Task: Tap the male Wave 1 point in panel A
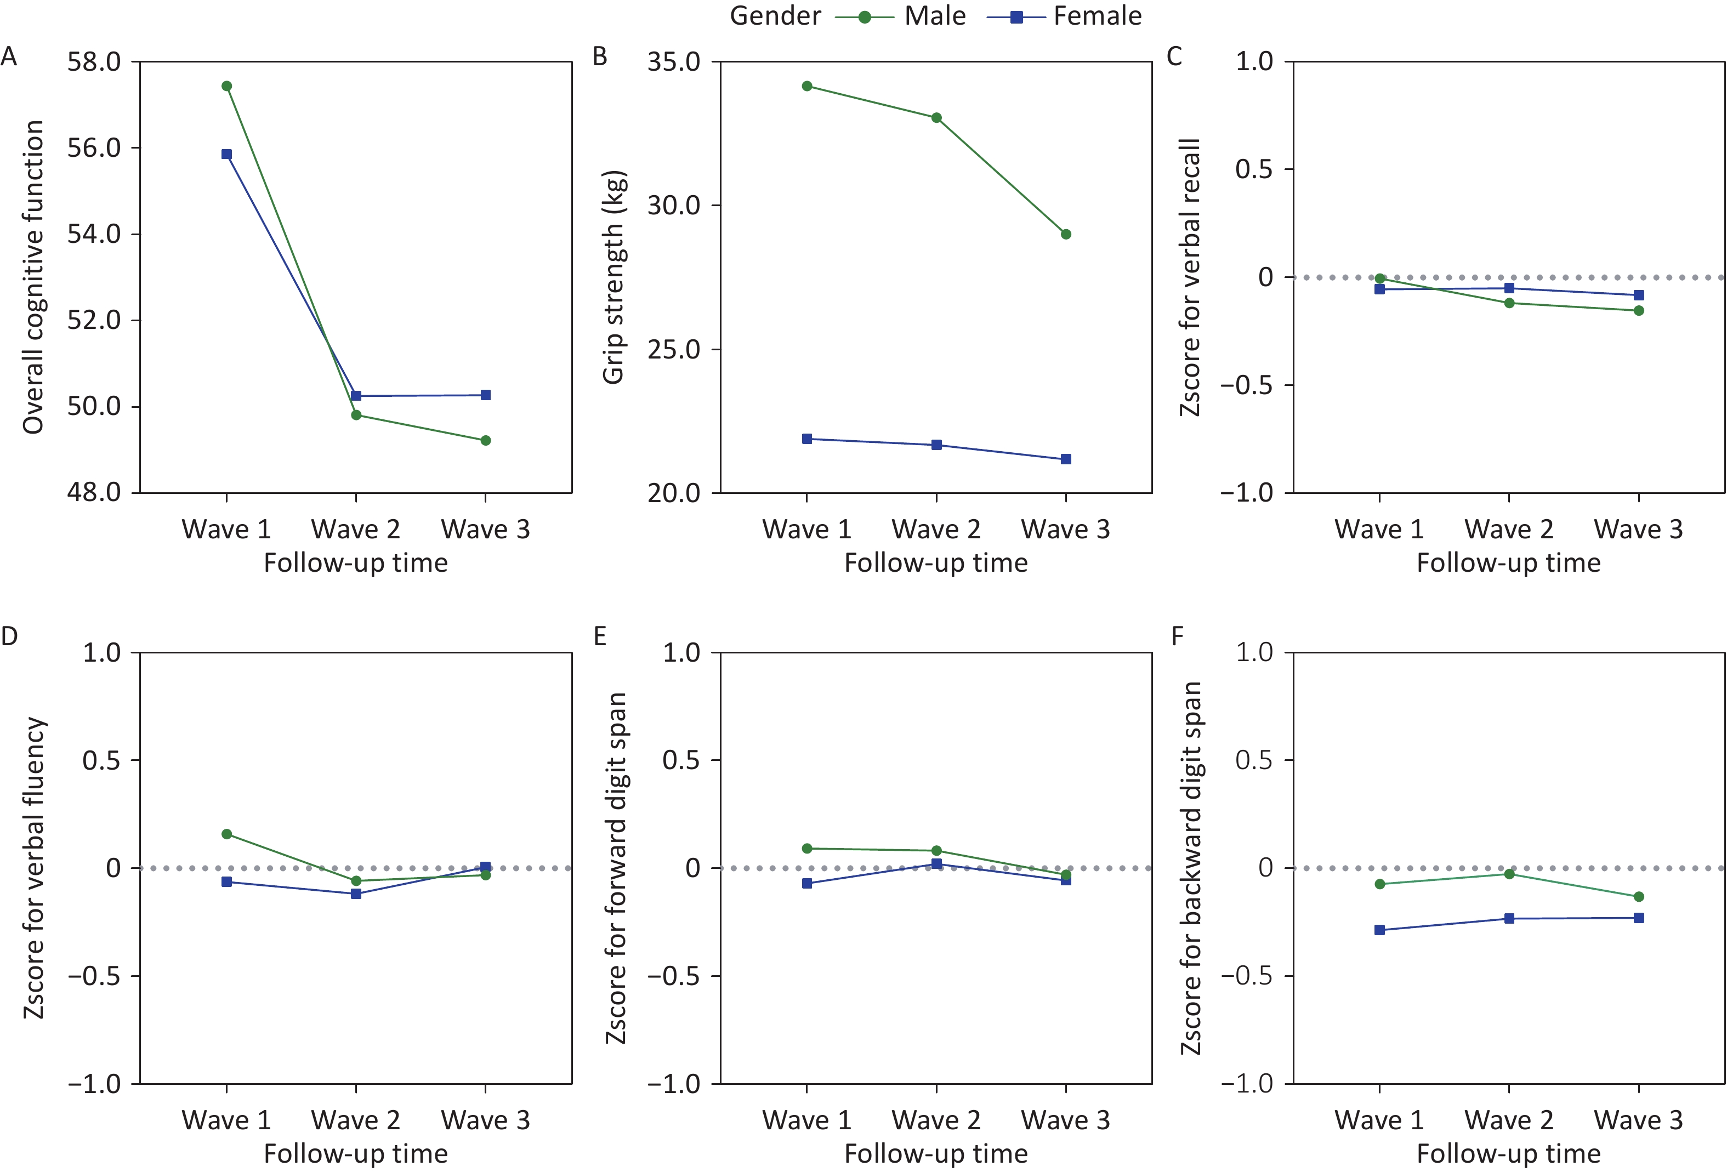tap(226, 86)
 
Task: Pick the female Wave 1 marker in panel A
tap(226, 155)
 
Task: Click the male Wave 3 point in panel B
tap(1066, 234)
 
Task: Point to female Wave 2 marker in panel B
tap(936, 445)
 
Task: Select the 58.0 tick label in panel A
tap(94, 62)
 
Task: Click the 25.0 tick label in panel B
tap(674, 349)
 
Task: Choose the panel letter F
tap(1177, 637)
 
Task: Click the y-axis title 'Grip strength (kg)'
tap(614, 277)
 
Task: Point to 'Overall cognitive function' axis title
tap(33, 277)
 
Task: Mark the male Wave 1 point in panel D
tap(226, 834)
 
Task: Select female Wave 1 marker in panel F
tap(1380, 930)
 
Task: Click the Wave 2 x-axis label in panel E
tap(936, 1120)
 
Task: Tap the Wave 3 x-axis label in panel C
tap(1639, 529)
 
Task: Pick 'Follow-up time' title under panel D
tap(356, 1153)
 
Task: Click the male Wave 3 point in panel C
tap(1639, 311)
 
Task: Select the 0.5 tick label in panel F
tap(1254, 760)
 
